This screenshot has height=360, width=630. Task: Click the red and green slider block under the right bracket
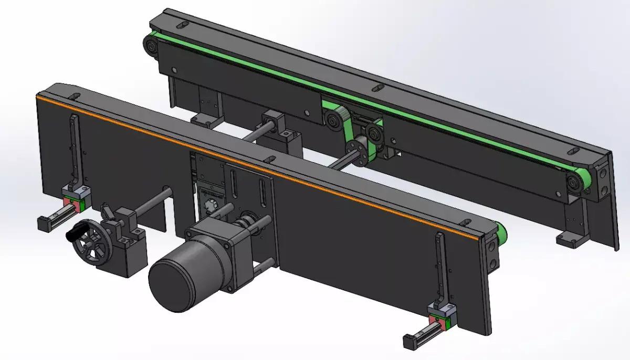pos(440,320)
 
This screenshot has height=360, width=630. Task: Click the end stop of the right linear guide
pos(409,342)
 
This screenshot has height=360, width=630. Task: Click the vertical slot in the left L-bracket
pos(74,147)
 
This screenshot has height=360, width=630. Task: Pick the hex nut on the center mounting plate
pos(209,204)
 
